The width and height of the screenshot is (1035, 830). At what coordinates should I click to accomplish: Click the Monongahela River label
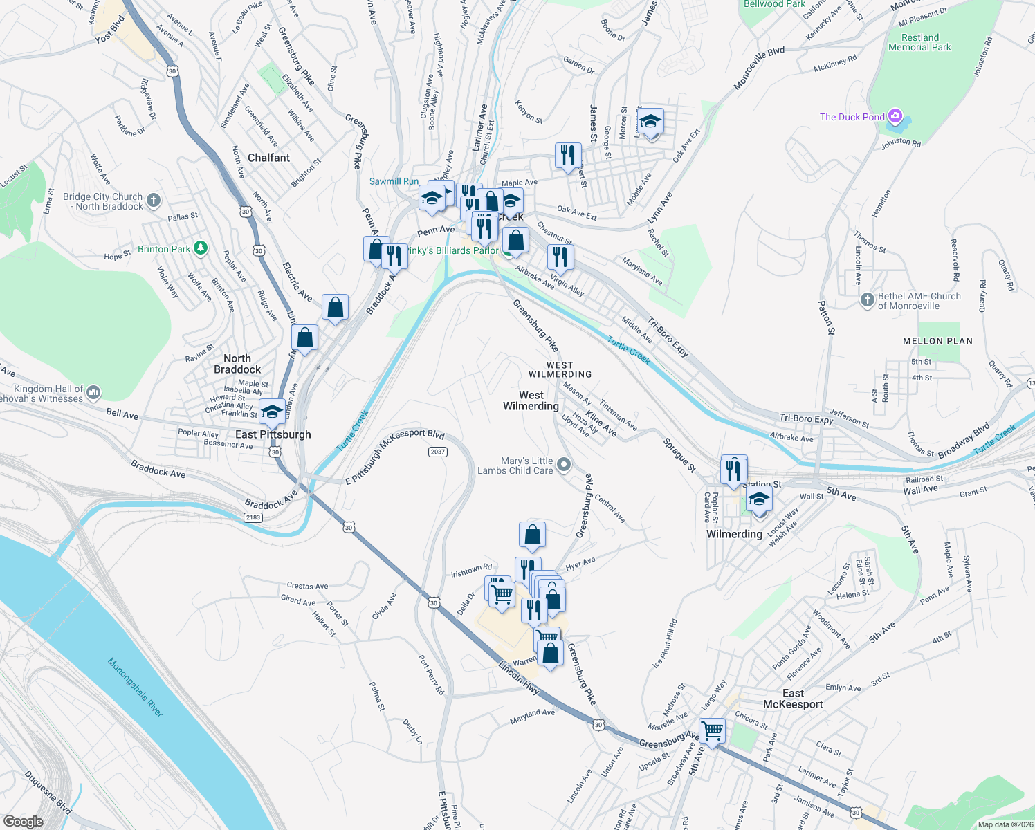coord(136,688)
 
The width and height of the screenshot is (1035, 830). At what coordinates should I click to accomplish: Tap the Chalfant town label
coord(268,158)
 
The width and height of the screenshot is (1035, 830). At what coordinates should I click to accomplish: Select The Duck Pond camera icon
coord(895,116)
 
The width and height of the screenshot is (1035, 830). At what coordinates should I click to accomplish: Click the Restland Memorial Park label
coord(919,42)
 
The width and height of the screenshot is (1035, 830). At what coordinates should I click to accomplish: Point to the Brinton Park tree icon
coord(201,248)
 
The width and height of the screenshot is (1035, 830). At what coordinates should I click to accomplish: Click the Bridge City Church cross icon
coord(154,201)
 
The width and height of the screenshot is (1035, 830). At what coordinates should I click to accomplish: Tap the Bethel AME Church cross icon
coord(868,300)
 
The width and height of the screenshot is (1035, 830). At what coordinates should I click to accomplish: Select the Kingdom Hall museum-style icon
coord(93,393)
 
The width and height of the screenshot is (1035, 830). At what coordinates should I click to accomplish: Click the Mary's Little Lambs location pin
coord(564,465)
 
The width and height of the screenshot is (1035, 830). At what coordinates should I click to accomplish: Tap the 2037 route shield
coord(438,452)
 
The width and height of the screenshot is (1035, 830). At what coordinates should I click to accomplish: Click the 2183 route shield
coord(253,517)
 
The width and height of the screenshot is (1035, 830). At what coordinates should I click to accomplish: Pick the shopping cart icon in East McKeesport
coord(712,730)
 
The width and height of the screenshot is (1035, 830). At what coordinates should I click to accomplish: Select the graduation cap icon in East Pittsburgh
coord(272,412)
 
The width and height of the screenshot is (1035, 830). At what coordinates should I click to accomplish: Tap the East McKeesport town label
coord(793,699)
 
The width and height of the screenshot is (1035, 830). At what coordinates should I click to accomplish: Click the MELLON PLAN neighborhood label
coord(937,341)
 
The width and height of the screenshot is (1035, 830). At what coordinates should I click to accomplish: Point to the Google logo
coord(23,821)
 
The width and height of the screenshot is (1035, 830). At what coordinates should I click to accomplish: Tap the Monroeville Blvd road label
coord(759,68)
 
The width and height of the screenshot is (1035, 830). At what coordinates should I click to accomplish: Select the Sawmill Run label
coord(394,181)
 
